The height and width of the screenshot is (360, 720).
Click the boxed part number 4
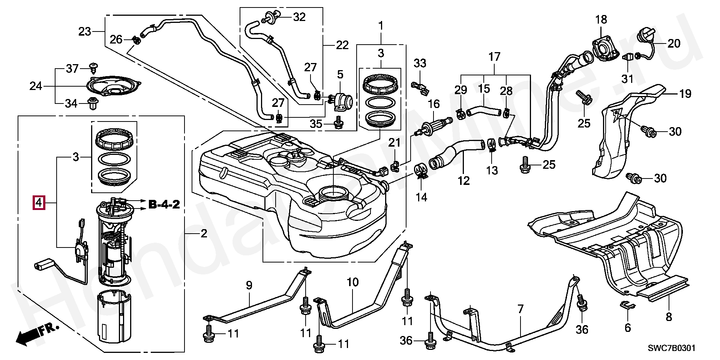[39, 203]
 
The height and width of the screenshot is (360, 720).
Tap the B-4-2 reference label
[164, 204]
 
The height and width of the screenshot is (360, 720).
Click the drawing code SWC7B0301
[672, 348]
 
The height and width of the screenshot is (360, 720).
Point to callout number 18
[601, 19]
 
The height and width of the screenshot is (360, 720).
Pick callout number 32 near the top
[299, 17]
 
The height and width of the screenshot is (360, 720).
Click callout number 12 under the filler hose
[463, 181]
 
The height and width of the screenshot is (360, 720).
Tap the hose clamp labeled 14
[421, 171]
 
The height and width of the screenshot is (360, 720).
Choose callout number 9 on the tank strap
[249, 286]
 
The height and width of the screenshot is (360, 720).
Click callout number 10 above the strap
[352, 282]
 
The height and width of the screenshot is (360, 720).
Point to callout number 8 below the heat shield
[669, 317]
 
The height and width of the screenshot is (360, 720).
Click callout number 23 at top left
[85, 31]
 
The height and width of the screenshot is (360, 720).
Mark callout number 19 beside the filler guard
[685, 94]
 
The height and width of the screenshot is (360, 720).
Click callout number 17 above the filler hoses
[495, 57]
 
